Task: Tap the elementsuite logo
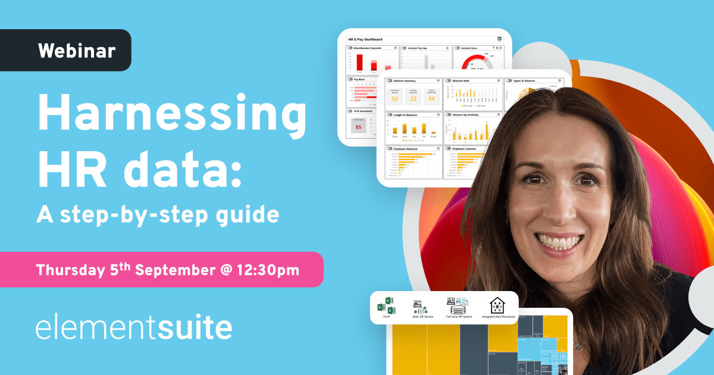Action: [134, 328]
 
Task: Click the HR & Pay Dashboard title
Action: [365, 39]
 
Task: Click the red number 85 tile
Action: [358, 127]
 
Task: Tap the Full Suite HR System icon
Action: [458, 305]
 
